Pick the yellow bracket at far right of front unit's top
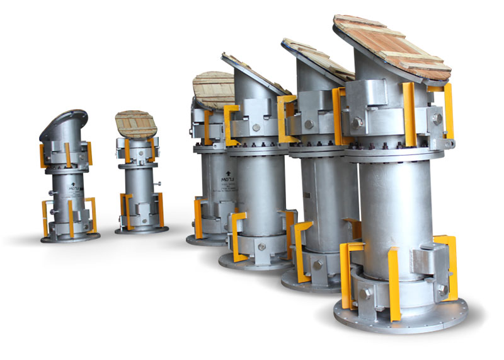pyautogui.click(x=448, y=110)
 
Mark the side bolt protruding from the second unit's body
pyautogui.click(x=160, y=183)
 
